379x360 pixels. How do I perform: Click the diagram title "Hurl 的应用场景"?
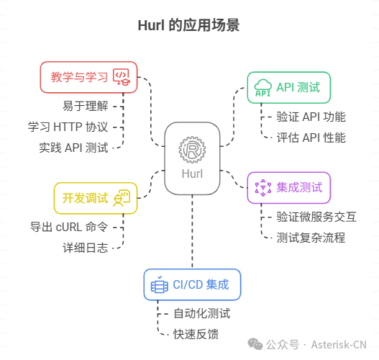(188, 25)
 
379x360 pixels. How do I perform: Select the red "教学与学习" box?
(88, 77)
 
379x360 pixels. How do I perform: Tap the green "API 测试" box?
(288, 88)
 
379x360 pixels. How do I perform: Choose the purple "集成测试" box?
(288, 187)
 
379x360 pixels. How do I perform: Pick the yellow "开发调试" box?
(95, 198)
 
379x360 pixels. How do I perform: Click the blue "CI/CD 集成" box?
(192, 284)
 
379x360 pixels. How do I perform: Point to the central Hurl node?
(192, 158)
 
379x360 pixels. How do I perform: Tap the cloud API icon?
(262, 88)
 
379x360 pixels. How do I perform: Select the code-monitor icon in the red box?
(121, 77)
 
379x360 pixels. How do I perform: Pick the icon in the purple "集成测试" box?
(262, 187)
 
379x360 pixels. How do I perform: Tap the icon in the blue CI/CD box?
(158, 285)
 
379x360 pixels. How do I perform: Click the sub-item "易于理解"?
(85, 107)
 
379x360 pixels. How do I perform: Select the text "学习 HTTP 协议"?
(68, 127)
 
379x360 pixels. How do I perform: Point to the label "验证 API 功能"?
(311, 117)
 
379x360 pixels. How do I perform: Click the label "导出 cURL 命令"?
(69, 227)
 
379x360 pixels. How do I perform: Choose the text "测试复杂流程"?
(311, 237)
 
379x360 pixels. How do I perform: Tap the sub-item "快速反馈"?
(196, 333)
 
